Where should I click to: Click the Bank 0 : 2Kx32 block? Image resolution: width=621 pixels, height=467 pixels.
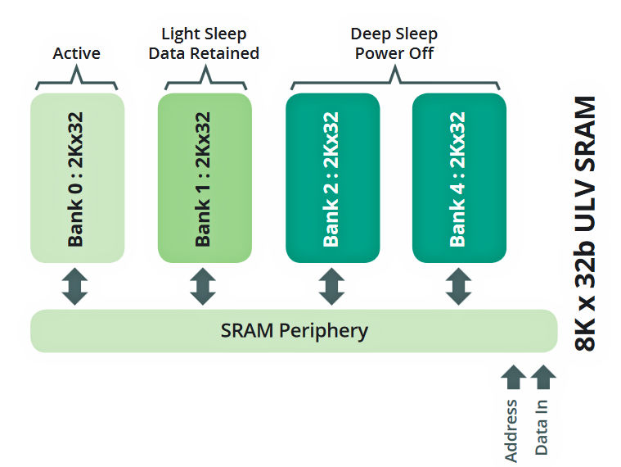click(78, 178)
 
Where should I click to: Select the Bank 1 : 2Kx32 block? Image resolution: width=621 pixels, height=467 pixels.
click(205, 178)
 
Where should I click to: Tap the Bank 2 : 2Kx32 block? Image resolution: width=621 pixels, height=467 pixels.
click(332, 178)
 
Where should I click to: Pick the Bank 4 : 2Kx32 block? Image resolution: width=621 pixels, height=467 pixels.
click(459, 178)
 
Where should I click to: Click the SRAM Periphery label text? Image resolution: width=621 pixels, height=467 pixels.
click(294, 331)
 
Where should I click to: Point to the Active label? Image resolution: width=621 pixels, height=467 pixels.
click(77, 54)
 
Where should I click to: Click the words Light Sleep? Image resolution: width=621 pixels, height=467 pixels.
click(204, 34)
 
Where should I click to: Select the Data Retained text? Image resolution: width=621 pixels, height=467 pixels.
click(209, 54)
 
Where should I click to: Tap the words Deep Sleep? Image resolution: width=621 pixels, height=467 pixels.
click(394, 34)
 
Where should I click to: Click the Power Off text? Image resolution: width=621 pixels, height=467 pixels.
click(394, 54)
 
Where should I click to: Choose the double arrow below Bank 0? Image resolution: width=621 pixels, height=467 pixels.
click(75, 287)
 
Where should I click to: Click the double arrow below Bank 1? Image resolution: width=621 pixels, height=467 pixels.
click(204, 287)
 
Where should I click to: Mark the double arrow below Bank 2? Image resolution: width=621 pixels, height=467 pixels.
click(331, 287)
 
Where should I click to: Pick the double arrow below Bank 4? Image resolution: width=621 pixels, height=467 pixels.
click(459, 287)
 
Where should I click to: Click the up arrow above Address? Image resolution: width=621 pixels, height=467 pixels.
click(513, 377)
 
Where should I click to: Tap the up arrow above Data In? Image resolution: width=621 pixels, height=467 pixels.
click(542, 377)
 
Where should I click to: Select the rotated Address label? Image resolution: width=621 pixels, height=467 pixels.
click(513, 429)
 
